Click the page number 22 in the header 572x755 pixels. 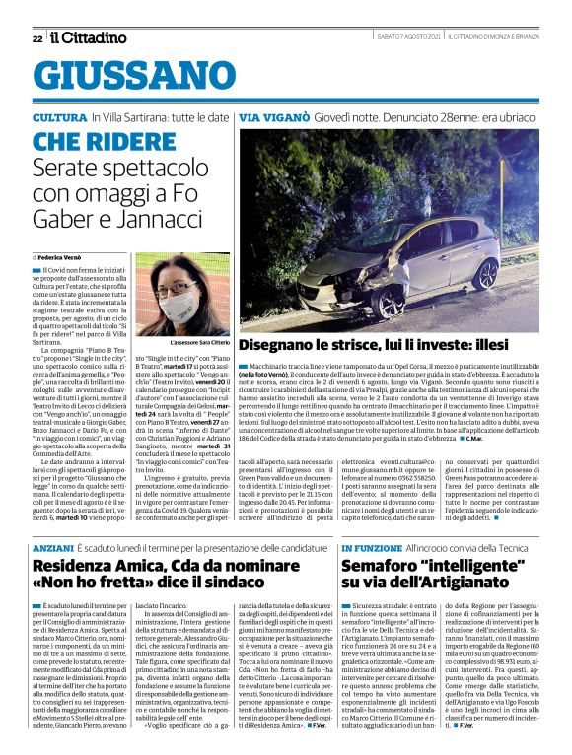(x=36, y=38)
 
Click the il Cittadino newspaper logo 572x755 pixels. (x=89, y=37)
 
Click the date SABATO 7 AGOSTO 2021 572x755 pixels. (x=407, y=37)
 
